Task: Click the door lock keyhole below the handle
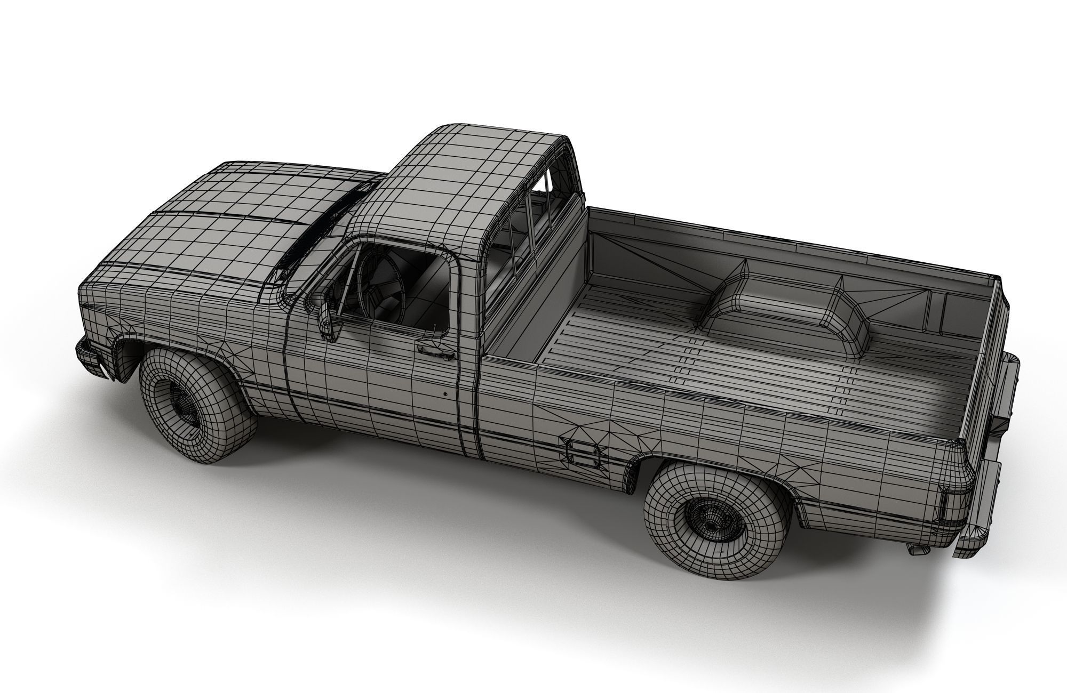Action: point(445,394)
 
